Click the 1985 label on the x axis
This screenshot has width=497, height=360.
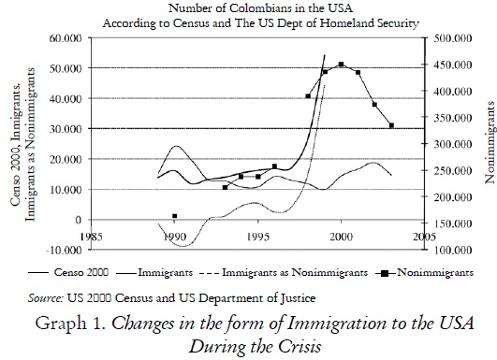pos(90,237)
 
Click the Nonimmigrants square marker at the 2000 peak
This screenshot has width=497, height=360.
pos(342,65)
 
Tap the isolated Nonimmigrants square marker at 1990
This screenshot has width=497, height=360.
pos(175,216)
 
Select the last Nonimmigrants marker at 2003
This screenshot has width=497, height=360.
pos(391,125)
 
